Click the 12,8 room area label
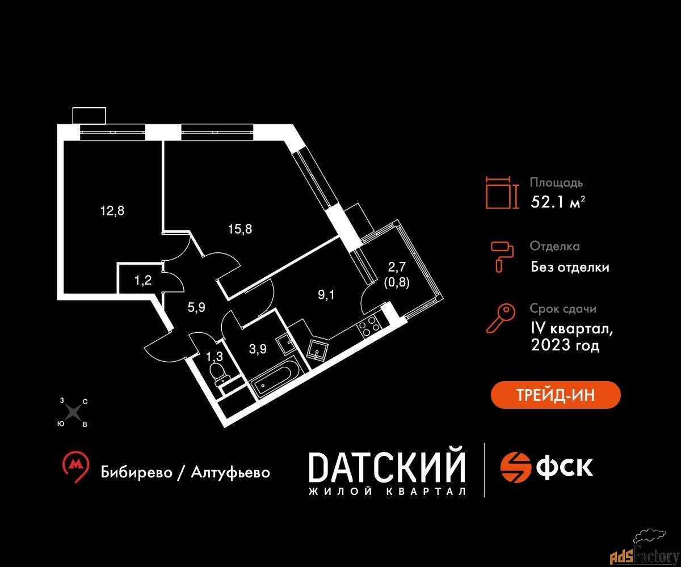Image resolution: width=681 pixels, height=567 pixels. coord(112,211)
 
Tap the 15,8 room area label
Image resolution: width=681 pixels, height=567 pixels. coord(240,229)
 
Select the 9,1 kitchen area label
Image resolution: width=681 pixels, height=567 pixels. coord(326,295)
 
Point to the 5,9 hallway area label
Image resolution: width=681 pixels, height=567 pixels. coord(196,307)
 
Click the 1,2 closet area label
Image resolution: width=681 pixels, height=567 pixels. coord(143,280)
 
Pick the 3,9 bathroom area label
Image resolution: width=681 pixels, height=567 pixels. coord(258,349)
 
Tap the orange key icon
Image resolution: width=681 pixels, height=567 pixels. coord(501,318)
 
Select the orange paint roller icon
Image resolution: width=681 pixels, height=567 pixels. coord(502,257)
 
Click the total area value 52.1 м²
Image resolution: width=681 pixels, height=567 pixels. coord(558,202)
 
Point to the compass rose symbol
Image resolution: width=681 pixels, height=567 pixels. coord(73,413)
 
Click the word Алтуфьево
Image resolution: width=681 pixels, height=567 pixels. coord(230,472)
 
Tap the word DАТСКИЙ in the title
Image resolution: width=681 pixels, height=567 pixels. coord(387,467)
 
